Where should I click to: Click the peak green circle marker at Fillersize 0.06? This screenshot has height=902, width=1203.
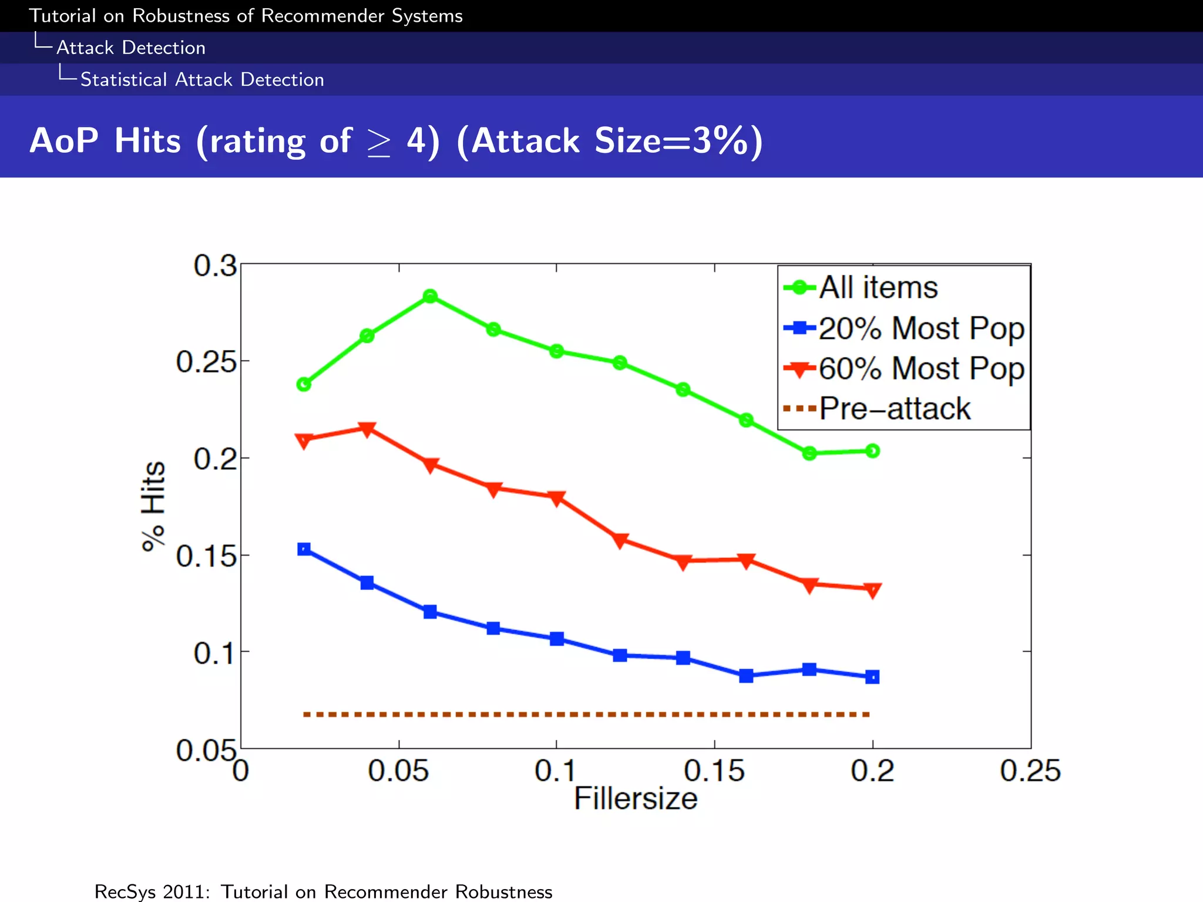pyautogui.click(x=430, y=296)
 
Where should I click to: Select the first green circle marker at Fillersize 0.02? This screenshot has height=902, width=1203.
pyautogui.click(x=304, y=384)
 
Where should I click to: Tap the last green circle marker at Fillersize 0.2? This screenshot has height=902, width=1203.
pyautogui.click(x=873, y=450)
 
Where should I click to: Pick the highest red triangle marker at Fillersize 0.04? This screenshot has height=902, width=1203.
pyautogui.click(x=367, y=429)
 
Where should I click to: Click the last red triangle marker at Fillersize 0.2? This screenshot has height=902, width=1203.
pyautogui.click(x=873, y=590)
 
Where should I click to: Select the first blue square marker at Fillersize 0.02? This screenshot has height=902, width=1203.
pyautogui.click(x=304, y=549)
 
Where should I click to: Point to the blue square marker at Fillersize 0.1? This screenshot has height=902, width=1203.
pyautogui.click(x=557, y=638)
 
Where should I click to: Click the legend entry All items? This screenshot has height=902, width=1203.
pyautogui.click(x=878, y=288)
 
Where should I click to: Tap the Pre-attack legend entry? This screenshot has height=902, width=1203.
pyautogui.click(x=894, y=409)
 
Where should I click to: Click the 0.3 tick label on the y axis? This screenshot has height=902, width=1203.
pyautogui.click(x=215, y=266)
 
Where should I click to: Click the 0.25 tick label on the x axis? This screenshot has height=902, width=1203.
pyautogui.click(x=1030, y=770)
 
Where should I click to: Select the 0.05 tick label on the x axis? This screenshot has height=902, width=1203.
pyautogui.click(x=398, y=770)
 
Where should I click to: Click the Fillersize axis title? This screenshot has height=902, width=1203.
pyautogui.click(x=635, y=799)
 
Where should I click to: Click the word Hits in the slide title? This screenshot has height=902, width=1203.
pyautogui.click(x=147, y=141)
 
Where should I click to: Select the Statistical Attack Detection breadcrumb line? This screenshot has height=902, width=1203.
pyautogui.click(x=201, y=79)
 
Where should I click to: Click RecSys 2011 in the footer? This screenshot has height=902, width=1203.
pyautogui.click(x=152, y=891)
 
